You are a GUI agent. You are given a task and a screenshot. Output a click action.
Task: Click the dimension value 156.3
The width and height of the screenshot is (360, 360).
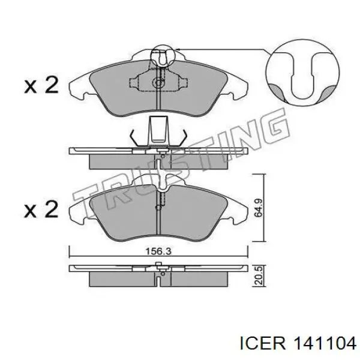(158, 251)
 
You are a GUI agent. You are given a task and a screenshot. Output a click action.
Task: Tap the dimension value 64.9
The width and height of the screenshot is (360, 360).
(259, 208)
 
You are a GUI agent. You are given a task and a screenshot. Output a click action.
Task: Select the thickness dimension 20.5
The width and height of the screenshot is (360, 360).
(259, 276)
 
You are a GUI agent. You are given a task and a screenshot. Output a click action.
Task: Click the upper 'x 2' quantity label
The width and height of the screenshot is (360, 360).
(41, 85)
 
